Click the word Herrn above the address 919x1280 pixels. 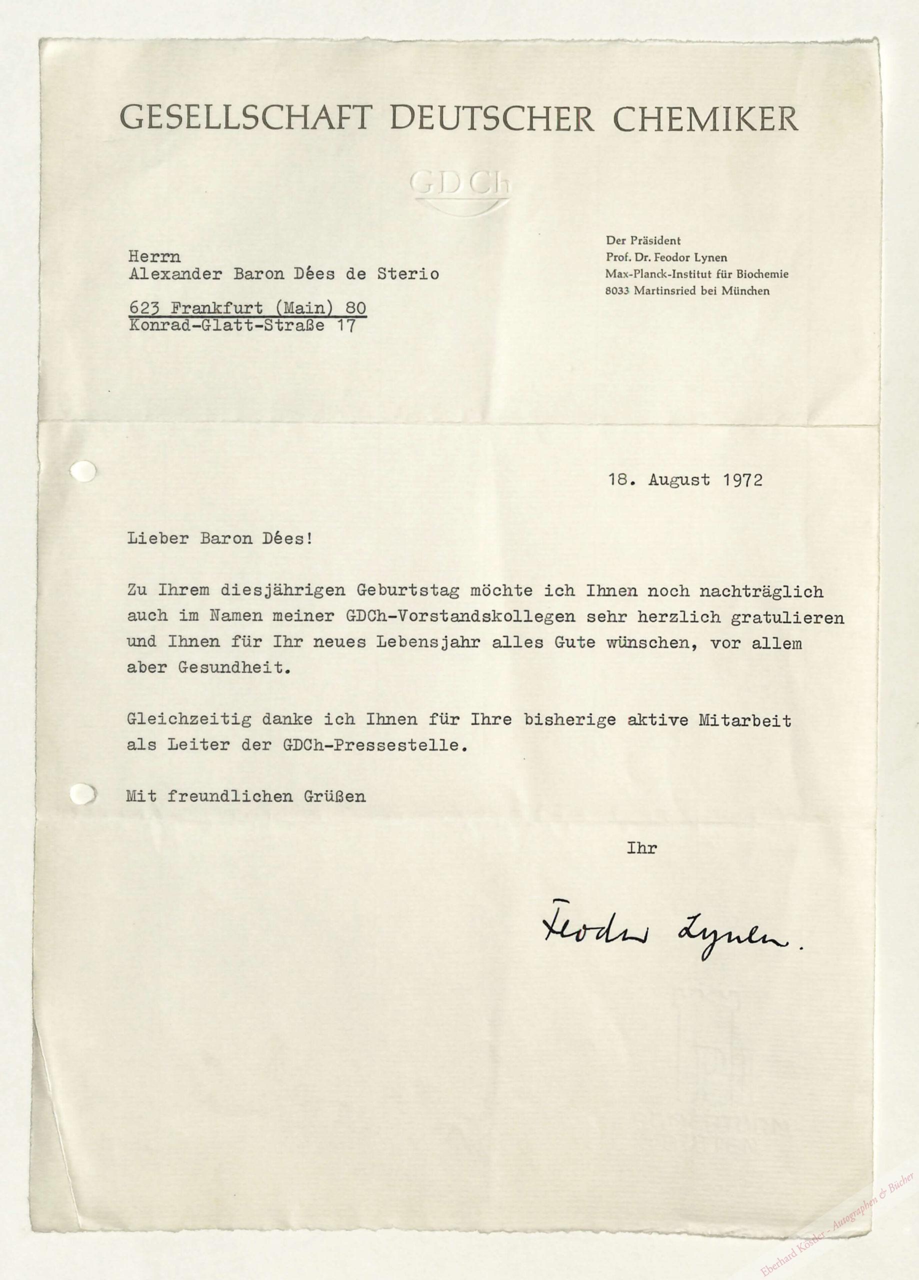tap(154, 257)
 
